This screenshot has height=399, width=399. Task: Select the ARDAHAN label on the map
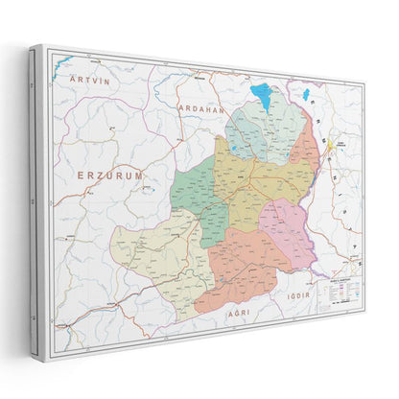[200, 109]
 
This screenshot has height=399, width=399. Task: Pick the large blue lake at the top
[260, 96]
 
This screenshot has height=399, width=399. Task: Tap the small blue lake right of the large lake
[306, 96]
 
